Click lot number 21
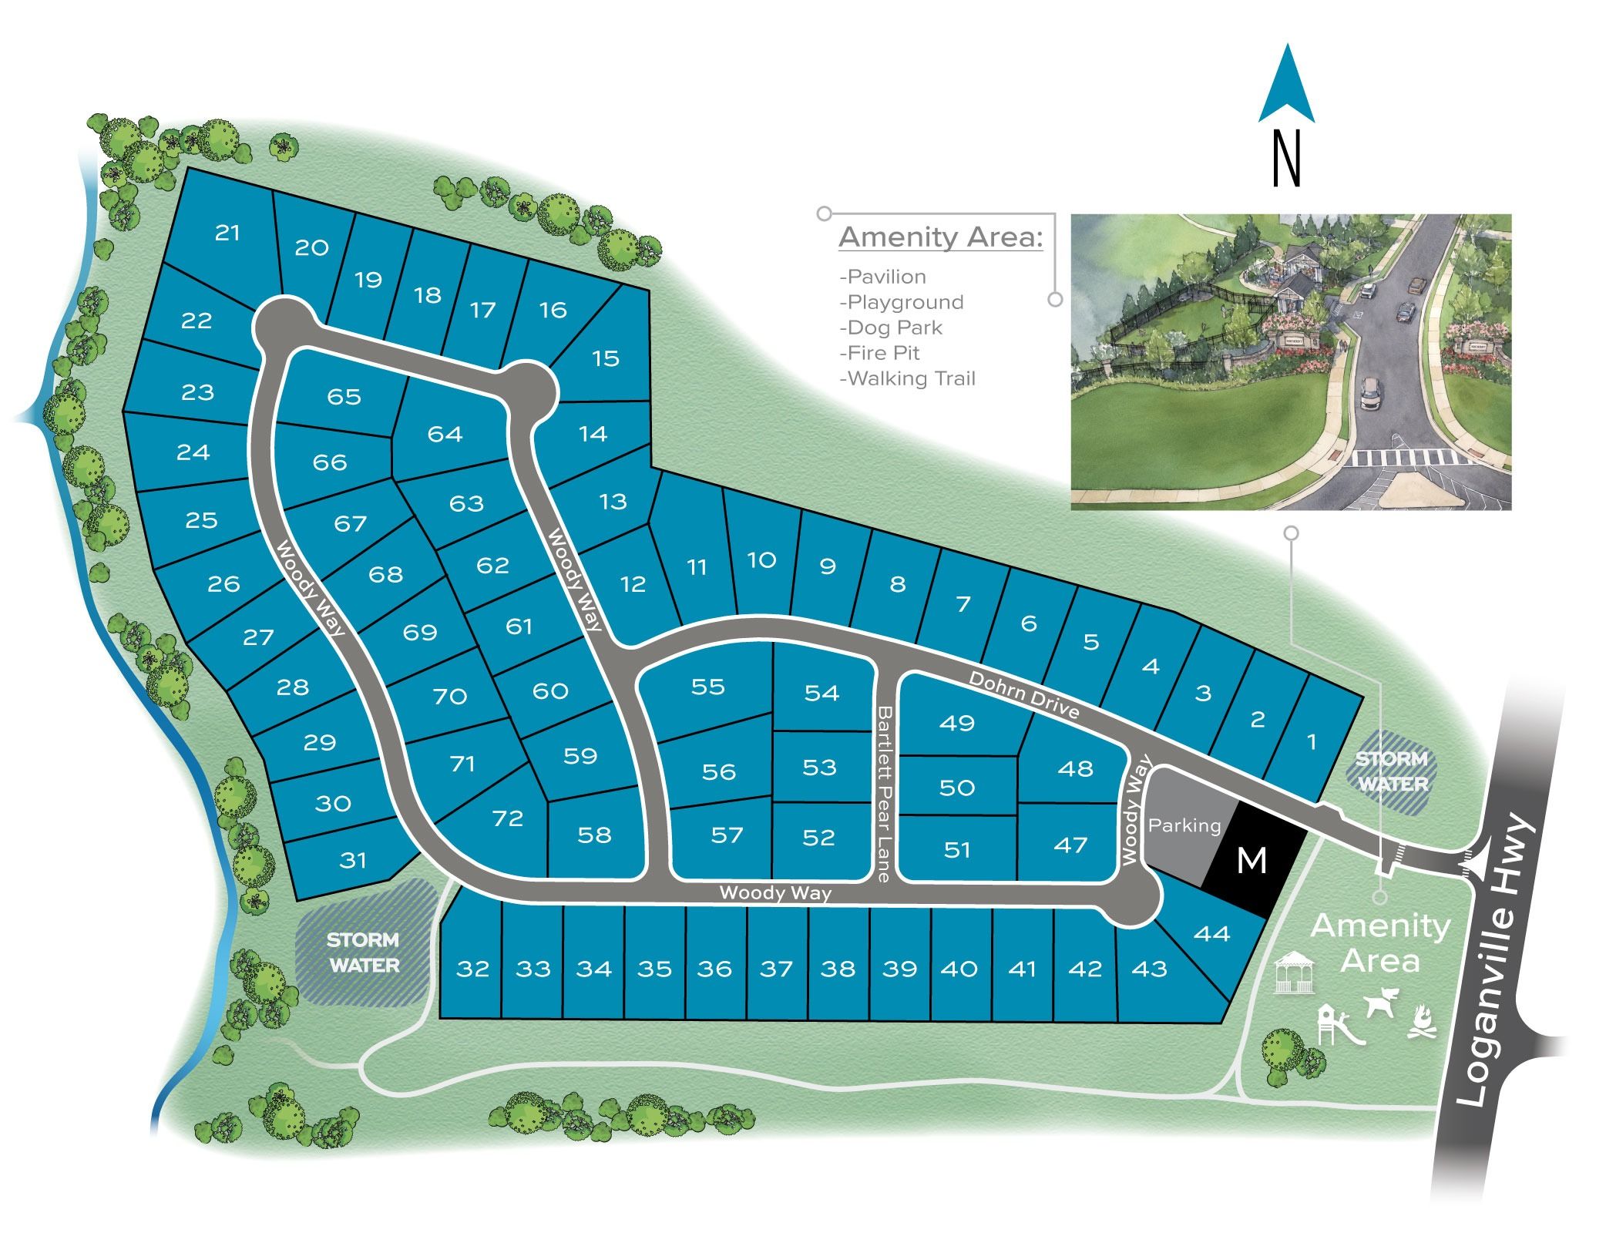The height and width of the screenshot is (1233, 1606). click(x=227, y=232)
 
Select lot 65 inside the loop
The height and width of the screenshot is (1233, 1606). click(x=344, y=396)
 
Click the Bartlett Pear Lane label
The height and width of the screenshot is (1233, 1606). click(x=884, y=794)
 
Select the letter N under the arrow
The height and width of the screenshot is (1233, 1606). click(x=1287, y=159)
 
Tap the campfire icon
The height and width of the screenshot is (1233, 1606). click(x=1423, y=1023)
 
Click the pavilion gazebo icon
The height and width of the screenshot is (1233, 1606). click(x=1294, y=973)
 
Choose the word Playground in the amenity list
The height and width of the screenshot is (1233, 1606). click(x=905, y=302)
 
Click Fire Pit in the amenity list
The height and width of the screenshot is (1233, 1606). click(x=883, y=353)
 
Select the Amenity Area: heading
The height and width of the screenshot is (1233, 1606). click(x=940, y=237)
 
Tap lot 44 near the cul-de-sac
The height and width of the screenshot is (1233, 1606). click(x=1211, y=934)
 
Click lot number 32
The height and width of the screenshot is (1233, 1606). click(x=472, y=969)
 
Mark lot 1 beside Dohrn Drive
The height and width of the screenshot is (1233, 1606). click(x=1312, y=742)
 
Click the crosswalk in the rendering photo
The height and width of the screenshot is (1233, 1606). click(x=1403, y=458)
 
